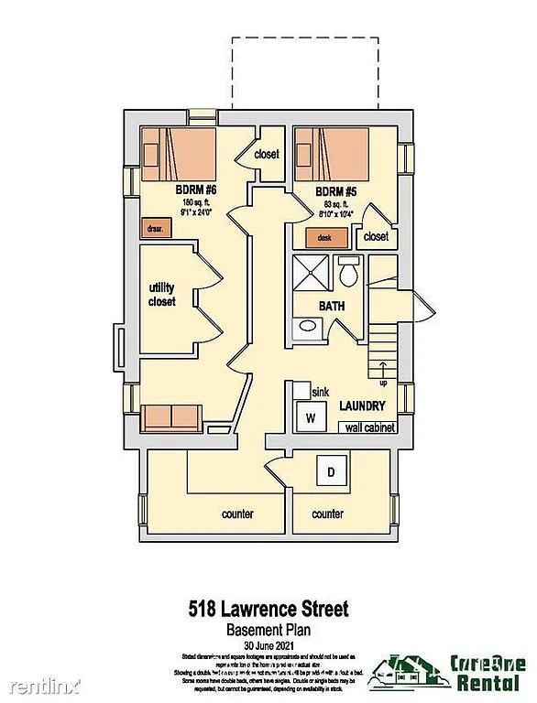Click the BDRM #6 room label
tap(196, 190)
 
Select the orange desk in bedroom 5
tap(324, 238)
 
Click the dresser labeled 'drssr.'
tap(152, 229)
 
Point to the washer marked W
tap(310, 418)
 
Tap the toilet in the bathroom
tap(349, 273)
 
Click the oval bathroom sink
tap(309, 325)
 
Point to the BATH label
tap(332, 307)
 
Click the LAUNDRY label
tap(361, 406)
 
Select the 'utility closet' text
tap(161, 295)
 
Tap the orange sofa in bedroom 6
tap(171, 417)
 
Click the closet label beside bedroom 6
tap(267, 155)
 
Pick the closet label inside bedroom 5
tap(376, 236)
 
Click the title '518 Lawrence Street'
tap(268, 608)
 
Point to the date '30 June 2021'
tap(268, 644)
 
